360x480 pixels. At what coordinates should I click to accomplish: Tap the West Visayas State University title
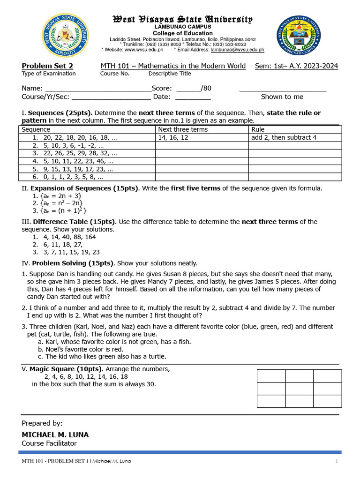tap(182, 19)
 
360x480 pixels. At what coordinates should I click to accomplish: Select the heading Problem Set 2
tap(47, 66)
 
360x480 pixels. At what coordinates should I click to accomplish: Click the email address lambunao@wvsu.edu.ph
tap(237, 49)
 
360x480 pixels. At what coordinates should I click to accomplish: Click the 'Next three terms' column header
tap(183, 129)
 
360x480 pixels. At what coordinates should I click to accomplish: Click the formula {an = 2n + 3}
tap(60, 196)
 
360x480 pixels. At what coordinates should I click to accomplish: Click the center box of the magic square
tap(299, 389)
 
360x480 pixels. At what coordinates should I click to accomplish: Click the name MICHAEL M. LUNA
tap(55, 435)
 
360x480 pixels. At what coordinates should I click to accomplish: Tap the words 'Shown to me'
tap(282, 97)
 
